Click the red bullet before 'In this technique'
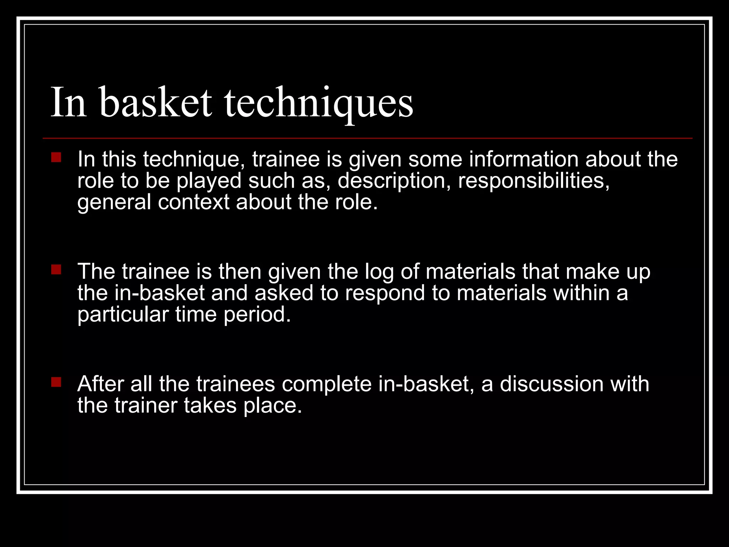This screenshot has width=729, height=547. click(x=56, y=157)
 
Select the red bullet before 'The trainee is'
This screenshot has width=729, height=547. click(x=56, y=270)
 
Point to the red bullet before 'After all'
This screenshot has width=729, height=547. click(x=56, y=382)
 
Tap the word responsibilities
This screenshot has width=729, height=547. click(x=534, y=181)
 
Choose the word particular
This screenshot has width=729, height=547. click(x=123, y=315)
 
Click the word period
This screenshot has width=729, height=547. click(x=257, y=315)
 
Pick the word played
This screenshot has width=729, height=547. click(x=209, y=181)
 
